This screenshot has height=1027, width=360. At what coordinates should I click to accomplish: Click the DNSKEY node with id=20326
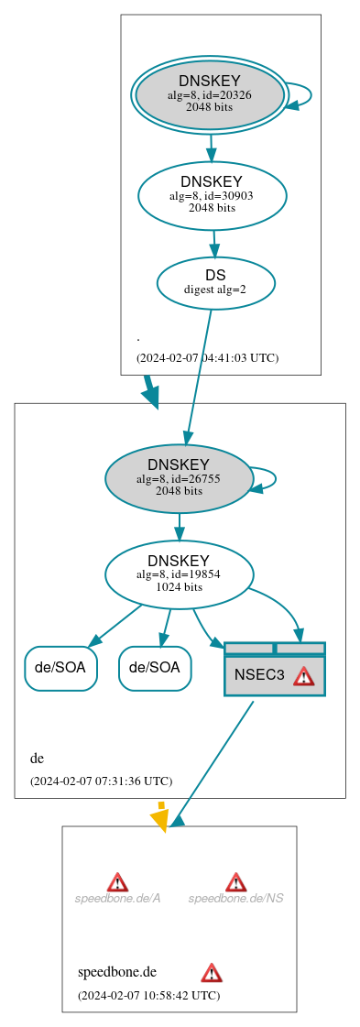tap(209, 94)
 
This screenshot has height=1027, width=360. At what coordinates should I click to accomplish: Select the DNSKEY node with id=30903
tap(212, 195)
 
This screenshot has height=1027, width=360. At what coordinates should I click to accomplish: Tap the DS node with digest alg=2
tap(215, 282)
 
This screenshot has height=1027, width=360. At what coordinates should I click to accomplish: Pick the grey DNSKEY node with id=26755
tap(179, 477)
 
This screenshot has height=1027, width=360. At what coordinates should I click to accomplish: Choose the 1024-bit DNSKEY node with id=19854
tap(179, 574)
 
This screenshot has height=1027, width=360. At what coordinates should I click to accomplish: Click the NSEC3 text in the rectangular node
tap(259, 675)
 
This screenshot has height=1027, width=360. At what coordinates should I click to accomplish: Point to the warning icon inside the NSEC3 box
tap(303, 676)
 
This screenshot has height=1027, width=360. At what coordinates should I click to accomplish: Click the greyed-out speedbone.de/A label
tap(117, 898)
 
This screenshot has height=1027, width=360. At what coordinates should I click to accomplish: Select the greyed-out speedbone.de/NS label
tap(235, 898)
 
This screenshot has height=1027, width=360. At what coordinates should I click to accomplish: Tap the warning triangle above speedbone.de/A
tap(117, 881)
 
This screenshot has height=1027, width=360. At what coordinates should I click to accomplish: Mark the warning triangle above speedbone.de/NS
tap(235, 881)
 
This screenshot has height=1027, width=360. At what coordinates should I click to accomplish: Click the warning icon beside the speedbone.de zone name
tap(212, 972)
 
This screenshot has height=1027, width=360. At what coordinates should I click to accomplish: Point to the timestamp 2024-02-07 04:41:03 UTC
tap(207, 357)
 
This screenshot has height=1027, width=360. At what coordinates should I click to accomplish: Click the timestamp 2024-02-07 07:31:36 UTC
tap(101, 781)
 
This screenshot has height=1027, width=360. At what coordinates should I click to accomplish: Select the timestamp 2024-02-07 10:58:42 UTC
tap(148, 995)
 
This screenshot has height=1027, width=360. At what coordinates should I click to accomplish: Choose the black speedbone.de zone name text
tap(117, 972)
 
